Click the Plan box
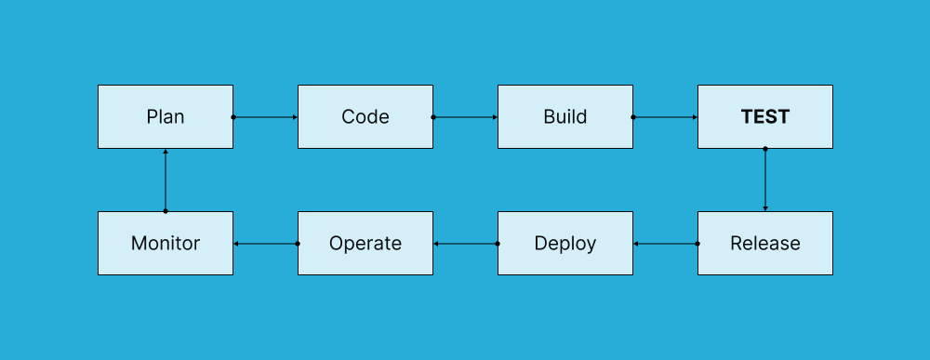coord(166,117)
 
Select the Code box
coord(365,117)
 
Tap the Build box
coord(565,117)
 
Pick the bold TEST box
coord(765,117)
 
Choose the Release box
coord(765,244)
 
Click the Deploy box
coord(565,244)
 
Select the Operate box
coord(365,244)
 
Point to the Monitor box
coord(166,244)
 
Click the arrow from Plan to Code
coord(266,117)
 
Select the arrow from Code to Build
coord(466,117)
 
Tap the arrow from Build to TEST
coord(666,117)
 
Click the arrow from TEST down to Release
coord(765,180)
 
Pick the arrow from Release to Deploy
coord(666,244)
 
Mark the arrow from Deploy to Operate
coord(466,244)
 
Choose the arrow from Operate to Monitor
coord(266,244)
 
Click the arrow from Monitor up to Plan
coord(166,180)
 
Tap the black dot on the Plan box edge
coord(233,117)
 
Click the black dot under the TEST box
coord(765,149)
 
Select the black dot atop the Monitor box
coord(166,211)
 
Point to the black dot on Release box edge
coord(697,244)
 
